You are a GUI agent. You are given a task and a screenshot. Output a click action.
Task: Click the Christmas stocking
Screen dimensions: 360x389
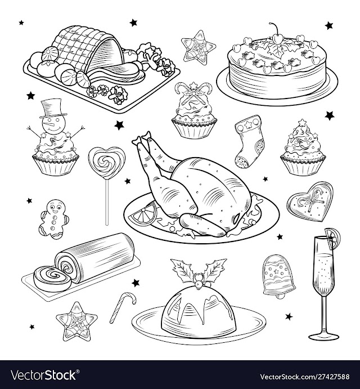[249, 141]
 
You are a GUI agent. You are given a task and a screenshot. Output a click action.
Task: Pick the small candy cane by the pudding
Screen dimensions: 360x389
[123, 307]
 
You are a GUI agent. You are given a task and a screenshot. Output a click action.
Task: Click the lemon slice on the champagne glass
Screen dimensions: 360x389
[332, 238]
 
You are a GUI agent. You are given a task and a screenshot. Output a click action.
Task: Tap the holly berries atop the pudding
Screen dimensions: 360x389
[199, 280]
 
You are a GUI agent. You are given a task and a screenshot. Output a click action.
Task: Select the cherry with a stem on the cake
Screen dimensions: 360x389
[277, 35]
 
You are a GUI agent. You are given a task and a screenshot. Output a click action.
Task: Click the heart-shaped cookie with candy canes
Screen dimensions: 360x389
[310, 202]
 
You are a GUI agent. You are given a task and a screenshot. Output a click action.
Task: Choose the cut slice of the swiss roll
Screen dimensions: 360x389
[52, 278]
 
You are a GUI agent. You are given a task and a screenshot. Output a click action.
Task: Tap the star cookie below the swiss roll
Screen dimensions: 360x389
[76, 322]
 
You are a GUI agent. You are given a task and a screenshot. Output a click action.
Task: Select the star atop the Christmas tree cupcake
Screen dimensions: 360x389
[302, 122]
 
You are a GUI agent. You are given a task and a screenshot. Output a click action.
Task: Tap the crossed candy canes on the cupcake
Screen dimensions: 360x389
[195, 92]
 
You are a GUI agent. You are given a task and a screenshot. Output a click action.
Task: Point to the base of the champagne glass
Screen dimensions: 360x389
[323, 337]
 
